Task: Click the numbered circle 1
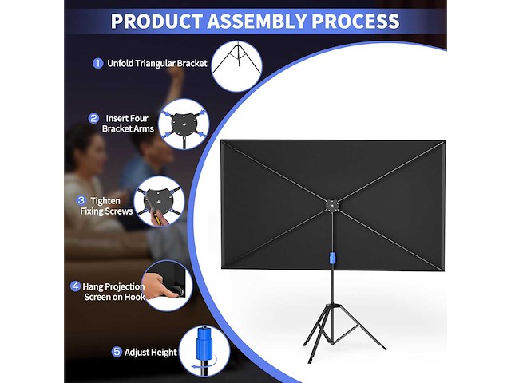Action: (x=97, y=63)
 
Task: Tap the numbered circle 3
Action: (x=81, y=200)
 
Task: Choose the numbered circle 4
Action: (x=75, y=286)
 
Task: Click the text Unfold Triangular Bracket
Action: (x=156, y=63)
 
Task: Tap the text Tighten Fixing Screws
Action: (x=106, y=206)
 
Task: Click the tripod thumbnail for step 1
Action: (x=236, y=66)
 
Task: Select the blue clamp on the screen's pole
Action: (x=328, y=260)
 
